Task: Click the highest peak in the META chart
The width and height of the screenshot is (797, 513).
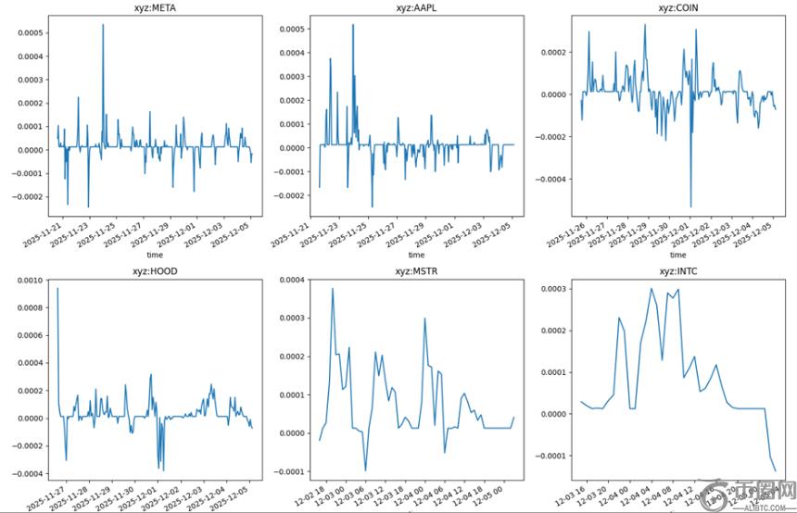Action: pyautogui.click(x=103, y=25)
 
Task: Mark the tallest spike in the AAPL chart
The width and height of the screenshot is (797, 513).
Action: pyautogui.click(x=353, y=25)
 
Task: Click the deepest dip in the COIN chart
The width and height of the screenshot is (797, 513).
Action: pyautogui.click(x=690, y=206)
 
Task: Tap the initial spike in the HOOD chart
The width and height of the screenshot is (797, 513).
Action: pyautogui.click(x=57, y=289)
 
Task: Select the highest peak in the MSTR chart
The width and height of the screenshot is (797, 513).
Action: pyautogui.click(x=333, y=289)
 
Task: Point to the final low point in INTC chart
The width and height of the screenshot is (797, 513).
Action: pyautogui.click(x=776, y=470)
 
